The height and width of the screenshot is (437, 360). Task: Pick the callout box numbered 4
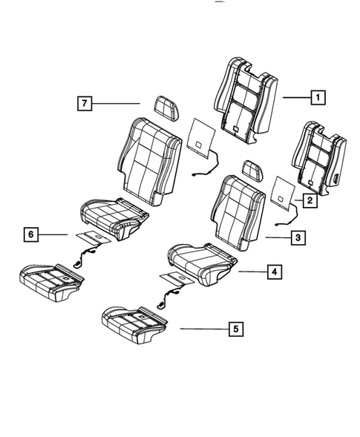(x=275, y=273)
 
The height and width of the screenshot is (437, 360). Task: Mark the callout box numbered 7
(x=86, y=103)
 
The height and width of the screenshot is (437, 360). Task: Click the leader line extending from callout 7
(x=119, y=103)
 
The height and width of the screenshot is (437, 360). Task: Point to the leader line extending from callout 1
(x=295, y=96)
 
